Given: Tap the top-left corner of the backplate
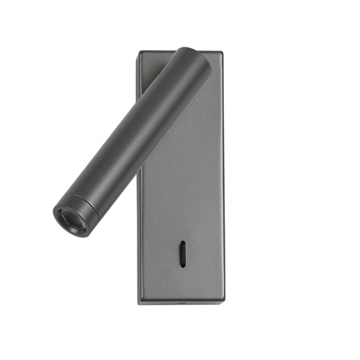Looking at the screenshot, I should pos(138,54).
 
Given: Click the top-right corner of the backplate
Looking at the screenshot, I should pos(222,54).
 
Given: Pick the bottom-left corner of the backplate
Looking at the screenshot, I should pos(138,302).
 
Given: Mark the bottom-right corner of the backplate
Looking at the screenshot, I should pos(223,302).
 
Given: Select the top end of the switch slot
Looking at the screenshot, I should pos(185,244).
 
